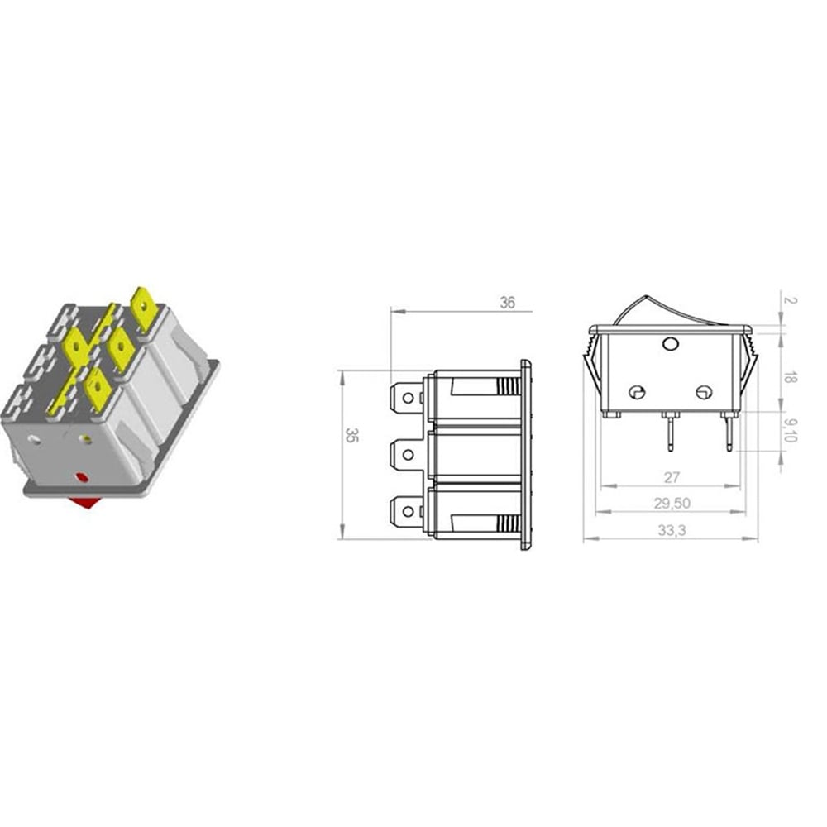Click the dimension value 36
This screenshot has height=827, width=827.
click(x=507, y=303)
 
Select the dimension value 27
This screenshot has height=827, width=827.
click(x=672, y=477)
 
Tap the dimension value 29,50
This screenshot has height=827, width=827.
click(x=672, y=503)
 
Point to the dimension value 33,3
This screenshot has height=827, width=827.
click(x=672, y=530)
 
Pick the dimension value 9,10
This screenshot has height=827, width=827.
click(x=790, y=430)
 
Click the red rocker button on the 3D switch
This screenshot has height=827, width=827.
click(x=84, y=503)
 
